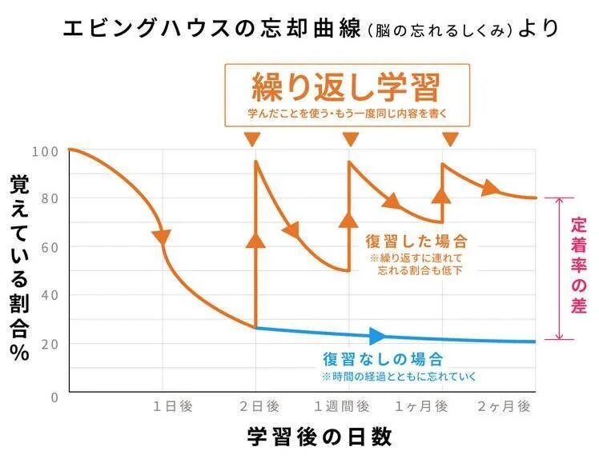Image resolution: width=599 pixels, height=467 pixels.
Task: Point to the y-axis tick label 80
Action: click(50, 198)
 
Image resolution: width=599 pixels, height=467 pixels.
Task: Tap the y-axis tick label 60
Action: click(50, 247)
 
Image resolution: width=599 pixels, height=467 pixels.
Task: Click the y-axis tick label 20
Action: click(50, 344)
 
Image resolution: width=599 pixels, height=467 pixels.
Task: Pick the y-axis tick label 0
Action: click(54, 397)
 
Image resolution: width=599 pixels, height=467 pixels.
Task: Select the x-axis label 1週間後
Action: click(346, 406)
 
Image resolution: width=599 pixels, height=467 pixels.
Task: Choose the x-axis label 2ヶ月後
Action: click(505, 406)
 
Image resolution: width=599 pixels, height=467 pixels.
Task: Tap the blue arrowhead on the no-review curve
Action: click(377, 336)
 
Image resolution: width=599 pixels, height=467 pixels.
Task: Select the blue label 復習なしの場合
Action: click(383, 359)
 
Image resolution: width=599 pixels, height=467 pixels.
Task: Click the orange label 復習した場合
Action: click(416, 240)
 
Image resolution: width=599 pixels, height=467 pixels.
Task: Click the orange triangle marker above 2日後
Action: click(253, 140)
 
